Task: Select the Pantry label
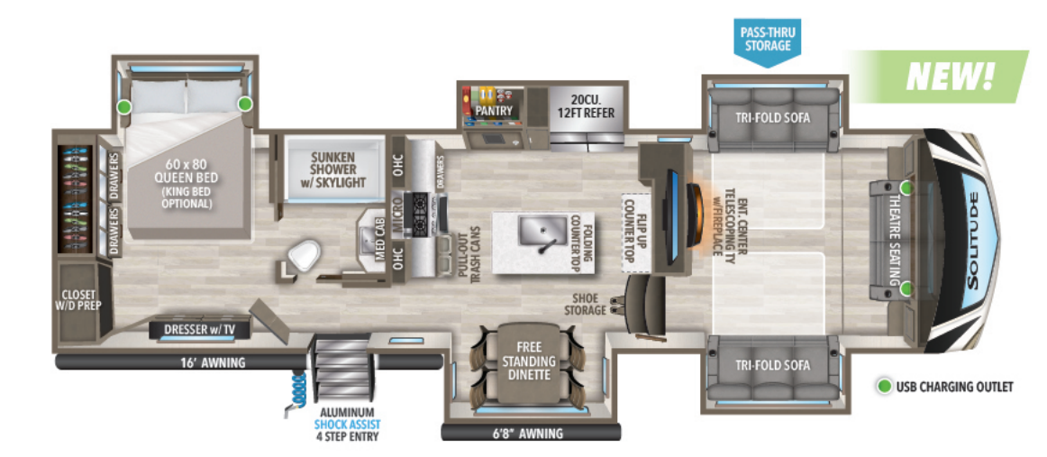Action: [x=495, y=111]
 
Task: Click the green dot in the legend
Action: [x=884, y=387]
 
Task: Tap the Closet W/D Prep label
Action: [x=79, y=298]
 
